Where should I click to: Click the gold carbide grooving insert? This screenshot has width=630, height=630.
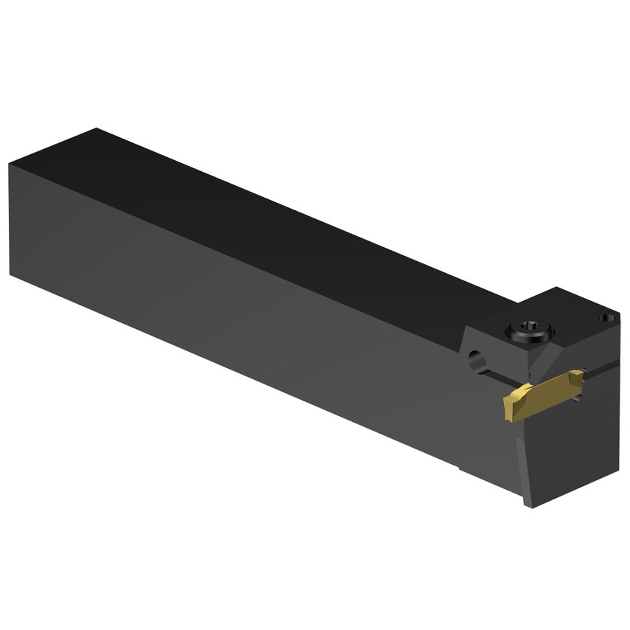click(x=542, y=395)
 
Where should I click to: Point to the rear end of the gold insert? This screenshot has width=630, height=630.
click(x=579, y=376)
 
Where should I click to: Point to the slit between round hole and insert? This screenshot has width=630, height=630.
click(x=496, y=379)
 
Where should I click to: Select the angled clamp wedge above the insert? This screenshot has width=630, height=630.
click(x=546, y=361)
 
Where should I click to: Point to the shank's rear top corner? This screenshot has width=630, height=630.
click(x=96, y=130)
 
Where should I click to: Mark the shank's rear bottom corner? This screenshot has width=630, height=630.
click(x=10, y=274)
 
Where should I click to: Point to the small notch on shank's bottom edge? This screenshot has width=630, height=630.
click(x=459, y=466)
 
